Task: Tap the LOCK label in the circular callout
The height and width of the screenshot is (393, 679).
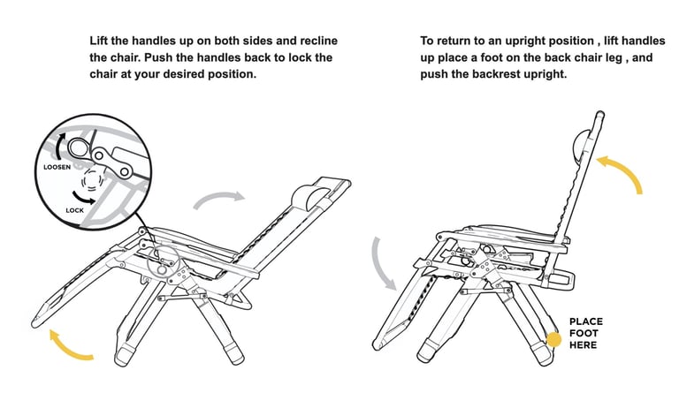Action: click(x=76, y=210)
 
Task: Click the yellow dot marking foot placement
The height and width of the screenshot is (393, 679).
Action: click(x=554, y=339)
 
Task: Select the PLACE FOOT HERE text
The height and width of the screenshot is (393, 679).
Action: click(x=584, y=333)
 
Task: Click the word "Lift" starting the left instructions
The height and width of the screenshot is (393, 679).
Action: click(x=100, y=42)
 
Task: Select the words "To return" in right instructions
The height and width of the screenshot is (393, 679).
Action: click(x=447, y=42)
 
